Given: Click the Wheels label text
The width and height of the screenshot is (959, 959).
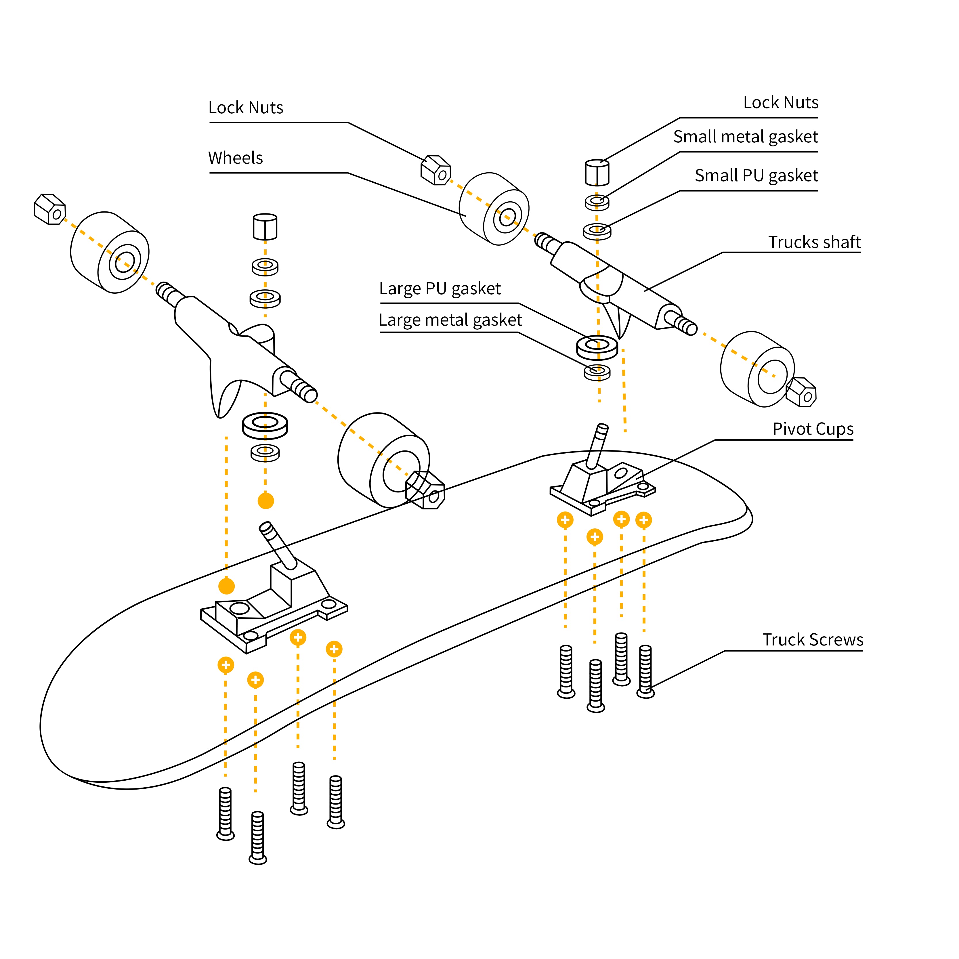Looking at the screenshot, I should [x=235, y=158].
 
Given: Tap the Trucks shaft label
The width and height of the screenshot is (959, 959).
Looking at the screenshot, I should [x=814, y=242].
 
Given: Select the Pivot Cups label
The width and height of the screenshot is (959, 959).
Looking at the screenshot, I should [x=813, y=429].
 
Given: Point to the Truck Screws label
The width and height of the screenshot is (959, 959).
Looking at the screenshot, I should [x=813, y=640].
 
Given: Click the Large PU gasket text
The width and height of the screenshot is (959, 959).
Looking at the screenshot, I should [x=440, y=289].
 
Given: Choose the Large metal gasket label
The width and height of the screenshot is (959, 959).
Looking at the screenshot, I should [x=450, y=320].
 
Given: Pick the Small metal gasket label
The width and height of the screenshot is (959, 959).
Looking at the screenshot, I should [x=745, y=137].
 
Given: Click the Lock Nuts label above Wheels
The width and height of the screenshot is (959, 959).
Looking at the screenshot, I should [x=246, y=108].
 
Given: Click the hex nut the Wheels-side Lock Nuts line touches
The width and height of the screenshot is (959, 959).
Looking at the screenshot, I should [x=435, y=170].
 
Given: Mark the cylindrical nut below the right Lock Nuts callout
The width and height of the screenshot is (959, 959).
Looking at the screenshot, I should [x=597, y=172].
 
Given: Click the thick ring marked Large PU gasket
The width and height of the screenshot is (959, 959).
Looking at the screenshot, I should [x=597, y=347].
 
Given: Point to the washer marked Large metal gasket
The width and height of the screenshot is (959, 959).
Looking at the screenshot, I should [x=597, y=372].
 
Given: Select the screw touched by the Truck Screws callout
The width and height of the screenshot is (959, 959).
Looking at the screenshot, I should [x=645, y=671].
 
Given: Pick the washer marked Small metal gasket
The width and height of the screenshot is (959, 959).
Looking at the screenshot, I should [x=597, y=202].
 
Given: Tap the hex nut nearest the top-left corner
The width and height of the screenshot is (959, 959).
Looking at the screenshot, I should [x=50, y=209].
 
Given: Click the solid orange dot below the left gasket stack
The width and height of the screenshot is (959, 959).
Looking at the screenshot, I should [x=266, y=501].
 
